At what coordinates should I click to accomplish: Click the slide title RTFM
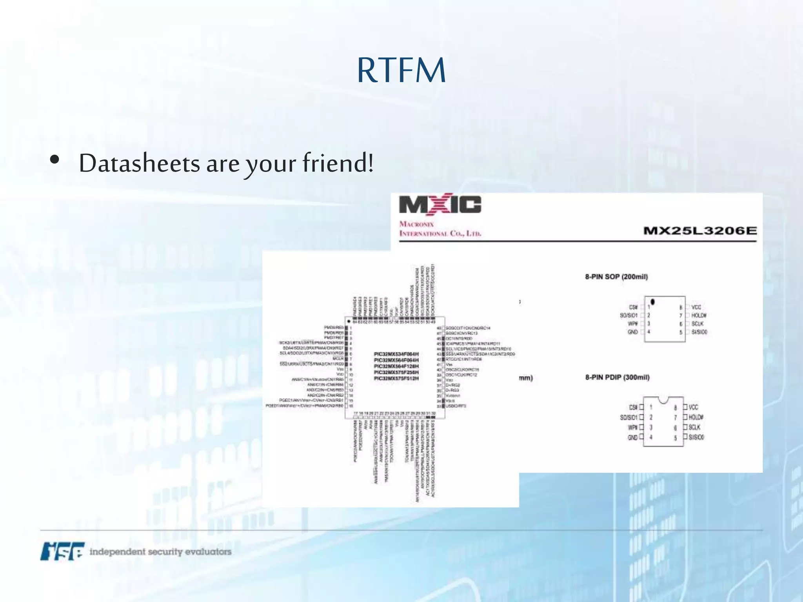point(401,71)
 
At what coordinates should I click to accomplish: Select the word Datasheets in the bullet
point(139,163)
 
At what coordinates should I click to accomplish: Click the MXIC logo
point(440,205)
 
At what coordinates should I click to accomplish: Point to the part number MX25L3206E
point(700,230)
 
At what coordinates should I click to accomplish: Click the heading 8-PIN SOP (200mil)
point(616,277)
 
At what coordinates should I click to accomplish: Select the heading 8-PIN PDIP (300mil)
point(617,377)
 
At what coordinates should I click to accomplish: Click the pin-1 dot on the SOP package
point(653,302)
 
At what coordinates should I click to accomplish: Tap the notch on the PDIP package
point(663,400)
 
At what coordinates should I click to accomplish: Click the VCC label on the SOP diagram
point(696,307)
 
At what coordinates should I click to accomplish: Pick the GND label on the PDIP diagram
point(632,437)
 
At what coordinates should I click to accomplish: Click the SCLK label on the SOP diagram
point(698,324)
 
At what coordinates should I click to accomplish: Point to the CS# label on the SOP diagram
point(633,307)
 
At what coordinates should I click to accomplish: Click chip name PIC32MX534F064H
point(396,354)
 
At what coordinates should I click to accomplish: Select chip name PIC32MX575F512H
point(396,379)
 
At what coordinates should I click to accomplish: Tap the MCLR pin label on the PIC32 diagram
point(338,359)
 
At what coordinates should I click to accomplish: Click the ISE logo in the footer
point(62,551)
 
